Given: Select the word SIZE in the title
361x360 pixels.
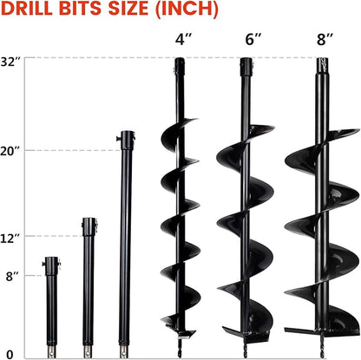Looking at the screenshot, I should [x=122, y=11].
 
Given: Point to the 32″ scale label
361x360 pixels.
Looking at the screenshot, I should [x=14, y=62].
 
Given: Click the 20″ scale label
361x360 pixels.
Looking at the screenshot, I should [x=14, y=151].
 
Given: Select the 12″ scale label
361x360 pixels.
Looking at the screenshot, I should [x=14, y=236].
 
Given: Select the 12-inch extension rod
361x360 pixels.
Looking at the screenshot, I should [x=88, y=286].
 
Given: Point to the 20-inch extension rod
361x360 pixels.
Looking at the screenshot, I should [x=127, y=243].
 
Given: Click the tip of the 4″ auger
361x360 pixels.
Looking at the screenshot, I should [x=179, y=354].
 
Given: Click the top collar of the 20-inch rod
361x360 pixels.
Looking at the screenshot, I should [x=128, y=136].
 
